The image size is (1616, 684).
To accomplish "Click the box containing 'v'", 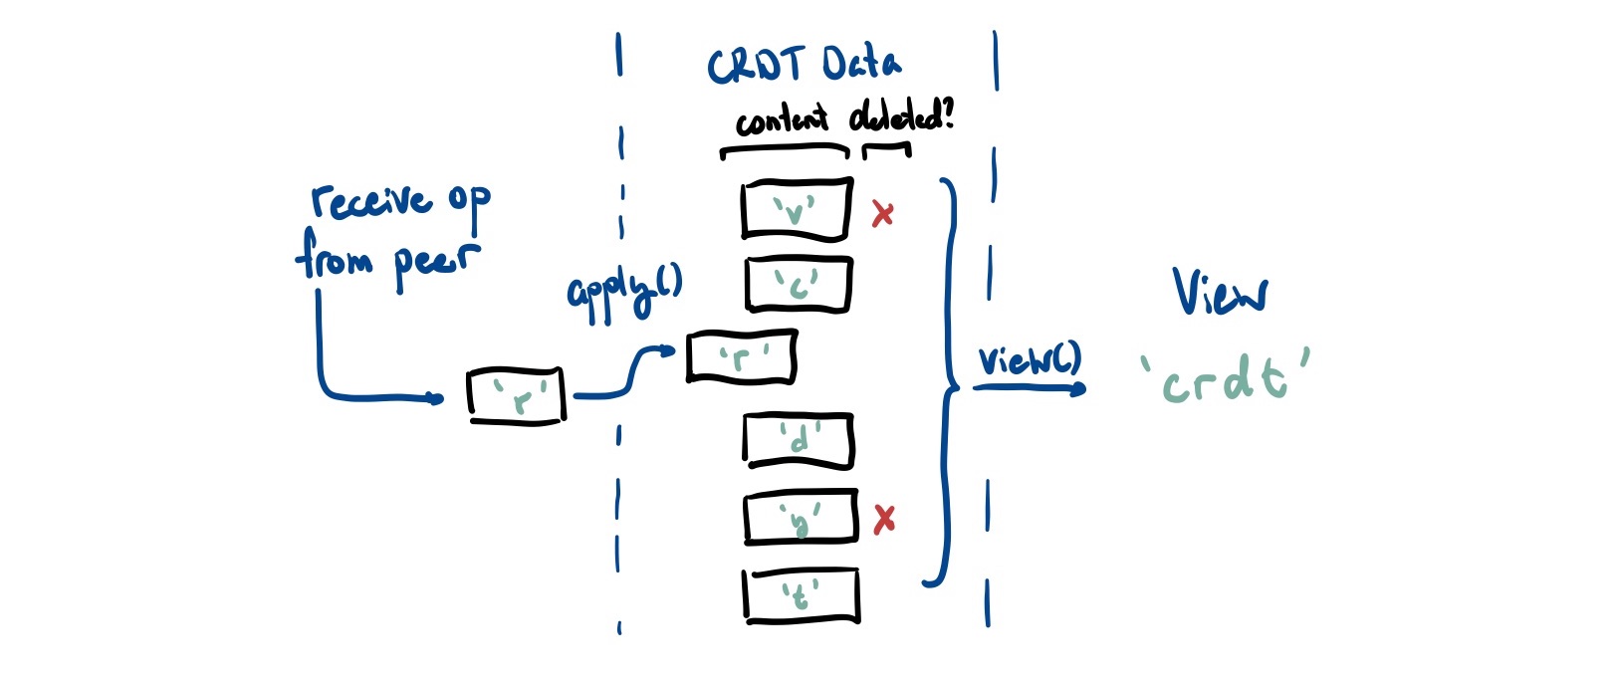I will [797, 209].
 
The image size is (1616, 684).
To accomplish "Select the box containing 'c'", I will [799, 284].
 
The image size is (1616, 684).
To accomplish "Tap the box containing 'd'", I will [799, 440].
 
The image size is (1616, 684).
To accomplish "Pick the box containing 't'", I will [801, 595].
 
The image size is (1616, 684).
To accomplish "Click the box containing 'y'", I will [801, 517].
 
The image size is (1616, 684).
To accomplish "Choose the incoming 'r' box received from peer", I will [516, 395].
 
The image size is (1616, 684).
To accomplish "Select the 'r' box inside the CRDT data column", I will [742, 356].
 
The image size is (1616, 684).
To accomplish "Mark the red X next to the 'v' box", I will [882, 213].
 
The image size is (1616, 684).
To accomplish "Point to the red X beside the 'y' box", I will [883, 519].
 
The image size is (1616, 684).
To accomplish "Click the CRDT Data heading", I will [804, 66].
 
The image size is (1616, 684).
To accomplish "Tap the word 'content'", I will [782, 121].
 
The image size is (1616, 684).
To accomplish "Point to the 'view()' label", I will [1028, 360].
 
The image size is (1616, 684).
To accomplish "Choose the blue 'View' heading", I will [1220, 293].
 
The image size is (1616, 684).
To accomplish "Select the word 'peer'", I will [435, 262].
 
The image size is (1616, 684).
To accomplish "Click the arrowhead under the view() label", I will [1077, 388].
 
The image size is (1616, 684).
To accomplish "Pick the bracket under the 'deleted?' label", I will [886, 149].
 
